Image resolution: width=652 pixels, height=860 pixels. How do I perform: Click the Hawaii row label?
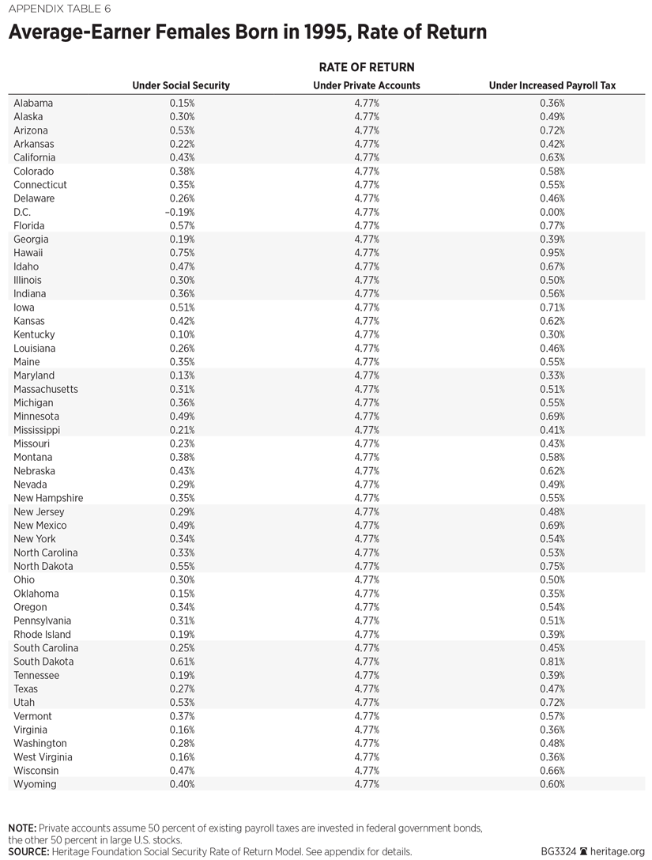(28, 253)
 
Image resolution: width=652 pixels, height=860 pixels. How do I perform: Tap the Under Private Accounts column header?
(367, 85)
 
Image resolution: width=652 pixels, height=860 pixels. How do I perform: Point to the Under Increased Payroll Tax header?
(552, 85)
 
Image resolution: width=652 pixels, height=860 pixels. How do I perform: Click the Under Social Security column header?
(181, 85)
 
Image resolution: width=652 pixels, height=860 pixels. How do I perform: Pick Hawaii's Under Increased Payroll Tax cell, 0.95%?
(552, 253)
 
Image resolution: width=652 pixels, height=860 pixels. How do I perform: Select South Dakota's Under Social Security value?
(182, 662)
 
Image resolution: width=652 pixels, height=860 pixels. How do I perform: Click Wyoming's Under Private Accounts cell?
(367, 784)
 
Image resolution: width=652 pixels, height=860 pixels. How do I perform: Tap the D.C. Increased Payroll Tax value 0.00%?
(552, 212)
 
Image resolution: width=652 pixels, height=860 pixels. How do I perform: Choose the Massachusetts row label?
(46, 389)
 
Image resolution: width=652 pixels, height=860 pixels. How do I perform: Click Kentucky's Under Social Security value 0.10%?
(182, 334)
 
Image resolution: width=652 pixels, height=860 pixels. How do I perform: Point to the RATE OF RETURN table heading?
(367, 67)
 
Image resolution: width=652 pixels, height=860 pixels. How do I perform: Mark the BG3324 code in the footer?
(560, 851)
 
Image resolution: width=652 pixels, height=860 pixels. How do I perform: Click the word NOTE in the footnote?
(22, 828)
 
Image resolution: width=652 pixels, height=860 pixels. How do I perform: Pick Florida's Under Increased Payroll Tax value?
(552, 225)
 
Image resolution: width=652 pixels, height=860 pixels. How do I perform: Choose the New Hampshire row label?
(48, 498)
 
